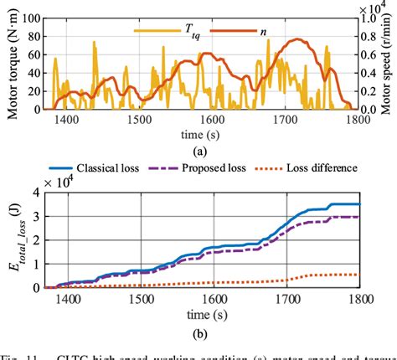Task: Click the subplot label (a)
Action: [x=199, y=152]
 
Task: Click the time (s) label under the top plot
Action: [x=199, y=135]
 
